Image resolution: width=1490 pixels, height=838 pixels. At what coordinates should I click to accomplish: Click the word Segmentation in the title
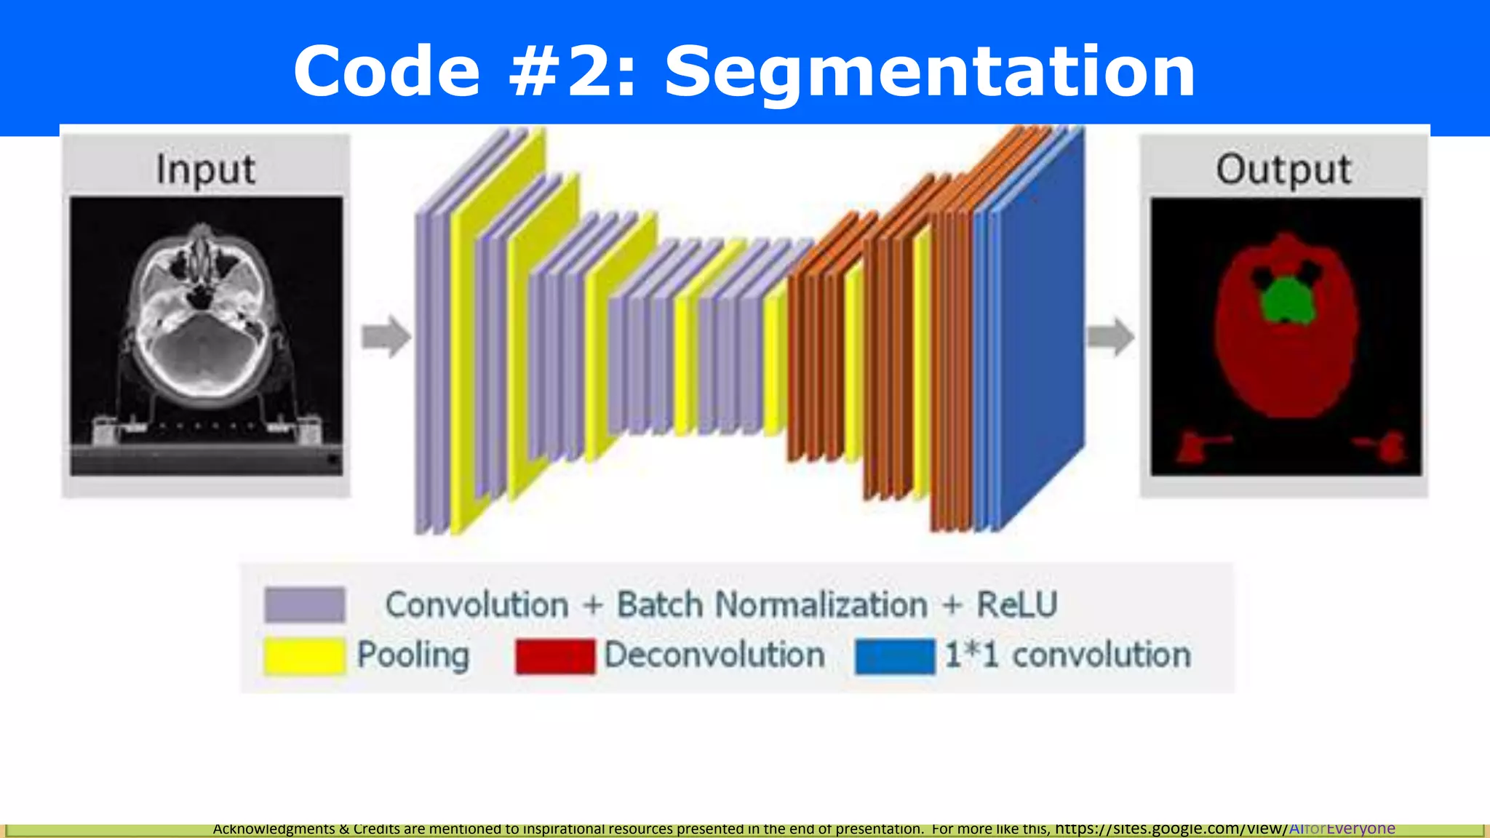pyautogui.click(x=930, y=71)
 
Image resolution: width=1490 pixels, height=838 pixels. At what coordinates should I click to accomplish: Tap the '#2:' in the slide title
pyautogui.click(x=573, y=71)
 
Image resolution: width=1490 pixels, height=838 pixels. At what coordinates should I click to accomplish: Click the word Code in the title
pyautogui.click(x=386, y=71)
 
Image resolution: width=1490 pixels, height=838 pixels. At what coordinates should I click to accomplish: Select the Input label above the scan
pyautogui.click(x=206, y=169)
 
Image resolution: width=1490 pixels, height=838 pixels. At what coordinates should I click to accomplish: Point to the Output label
pyautogui.click(x=1283, y=169)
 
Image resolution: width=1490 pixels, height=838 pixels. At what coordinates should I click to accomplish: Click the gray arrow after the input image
pyautogui.click(x=386, y=336)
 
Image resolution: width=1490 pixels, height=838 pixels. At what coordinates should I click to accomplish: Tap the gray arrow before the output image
pyautogui.click(x=1110, y=337)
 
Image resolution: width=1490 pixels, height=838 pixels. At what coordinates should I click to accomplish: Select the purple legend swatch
pyautogui.click(x=305, y=604)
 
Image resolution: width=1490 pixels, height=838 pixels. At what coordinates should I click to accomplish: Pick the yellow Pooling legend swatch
pyautogui.click(x=305, y=655)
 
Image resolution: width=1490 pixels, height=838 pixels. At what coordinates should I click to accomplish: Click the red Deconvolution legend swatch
pyautogui.click(x=555, y=655)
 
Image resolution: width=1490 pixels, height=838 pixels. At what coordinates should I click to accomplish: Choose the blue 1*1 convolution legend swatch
pyautogui.click(x=895, y=655)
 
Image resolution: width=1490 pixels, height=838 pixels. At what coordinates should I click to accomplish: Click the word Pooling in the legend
pyautogui.click(x=413, y=655)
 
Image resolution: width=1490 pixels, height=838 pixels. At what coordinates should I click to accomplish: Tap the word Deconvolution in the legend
pyautogui.click(x=714, y=655)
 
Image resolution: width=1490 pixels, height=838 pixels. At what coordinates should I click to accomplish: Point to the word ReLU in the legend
pyautogui.click(x=1016, y=604)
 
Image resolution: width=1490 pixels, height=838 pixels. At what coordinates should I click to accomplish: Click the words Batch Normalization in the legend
pyautogui.click(x=772, y=604)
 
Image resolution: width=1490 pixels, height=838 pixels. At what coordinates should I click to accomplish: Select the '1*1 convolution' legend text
pyautogui.click(x=1067, y=655)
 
